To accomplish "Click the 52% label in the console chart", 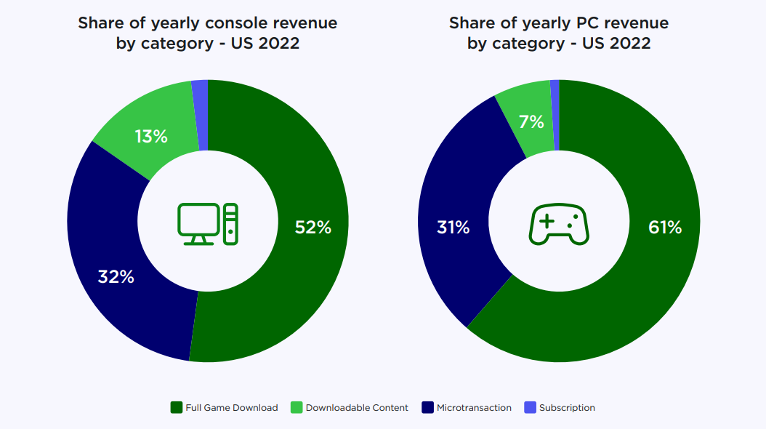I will point(313,228).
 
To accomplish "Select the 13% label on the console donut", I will point(151,136).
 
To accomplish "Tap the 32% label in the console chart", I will point(116,276).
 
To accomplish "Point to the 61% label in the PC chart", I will point(664,228).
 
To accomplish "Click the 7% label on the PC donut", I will point(531,122).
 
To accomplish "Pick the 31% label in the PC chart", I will point(453,228).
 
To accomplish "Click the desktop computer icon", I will point(208,223).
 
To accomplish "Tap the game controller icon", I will point(558,223).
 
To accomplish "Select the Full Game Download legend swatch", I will point(177,407).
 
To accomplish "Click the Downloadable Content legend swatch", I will point(297,407).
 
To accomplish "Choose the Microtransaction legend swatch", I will point(428,407).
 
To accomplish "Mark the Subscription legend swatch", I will point(531,407).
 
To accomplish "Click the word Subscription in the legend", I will point(567,408).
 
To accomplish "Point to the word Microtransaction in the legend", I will point(474,408).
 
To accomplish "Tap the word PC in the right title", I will point(560,23).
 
